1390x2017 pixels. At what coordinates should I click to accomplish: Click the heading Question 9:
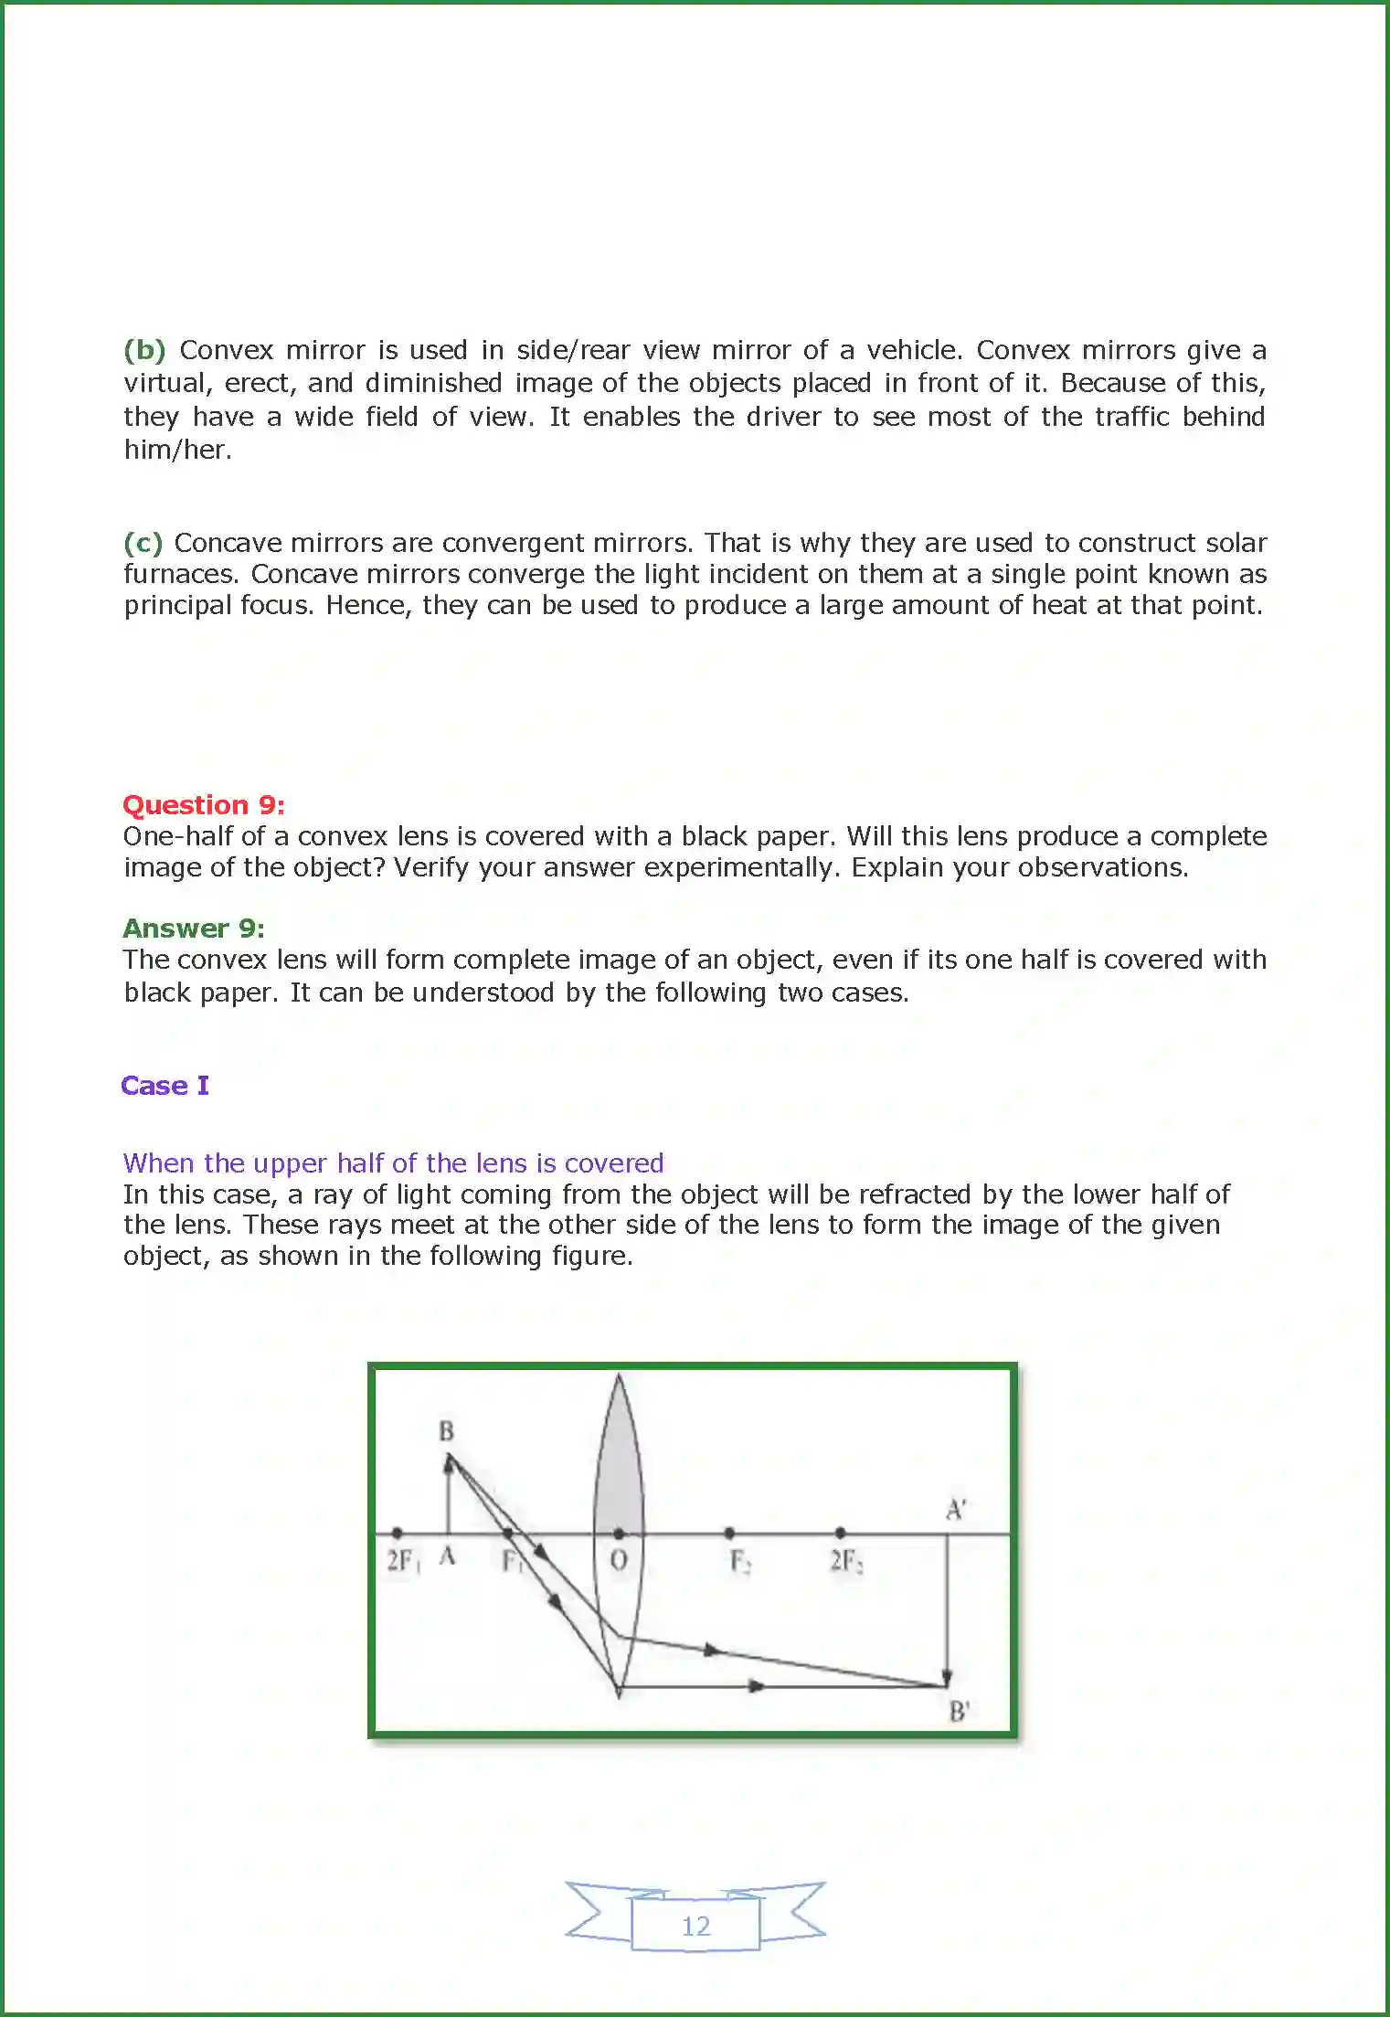click(x=203, y=805)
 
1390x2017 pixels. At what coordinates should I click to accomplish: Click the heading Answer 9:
click(x=193, y=929)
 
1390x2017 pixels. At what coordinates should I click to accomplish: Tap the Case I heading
click(x=164, y=1086)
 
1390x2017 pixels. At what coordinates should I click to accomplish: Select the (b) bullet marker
click(x=144, y=350)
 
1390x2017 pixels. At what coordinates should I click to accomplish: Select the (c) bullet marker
click(x=143, y=543)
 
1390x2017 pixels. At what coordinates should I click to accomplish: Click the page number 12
click(x=695, y=1926)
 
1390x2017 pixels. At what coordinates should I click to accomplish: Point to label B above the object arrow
click(x=446, y=1431)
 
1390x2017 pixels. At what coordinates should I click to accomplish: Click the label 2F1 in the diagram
click(x=402, y=1560)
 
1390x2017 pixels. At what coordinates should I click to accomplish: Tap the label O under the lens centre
click(x=619, y=1559)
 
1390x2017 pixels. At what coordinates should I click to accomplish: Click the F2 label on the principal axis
click(x=739, y=1561)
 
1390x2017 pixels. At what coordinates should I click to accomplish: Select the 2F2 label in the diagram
click(x=845, y=1560)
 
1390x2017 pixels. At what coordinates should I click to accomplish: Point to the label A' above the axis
click(x=955, y=1509)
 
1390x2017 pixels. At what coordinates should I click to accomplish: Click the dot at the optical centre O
click(x=619, y=1533)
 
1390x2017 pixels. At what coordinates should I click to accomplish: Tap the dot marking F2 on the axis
click(x=728, y=1533)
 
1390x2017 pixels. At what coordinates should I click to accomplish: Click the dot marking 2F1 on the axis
click(x=397, y=1533)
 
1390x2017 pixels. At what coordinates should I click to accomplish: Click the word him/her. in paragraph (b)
click(x=177, y=450)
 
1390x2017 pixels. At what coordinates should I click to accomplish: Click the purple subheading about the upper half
click(x=393, y=1163)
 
